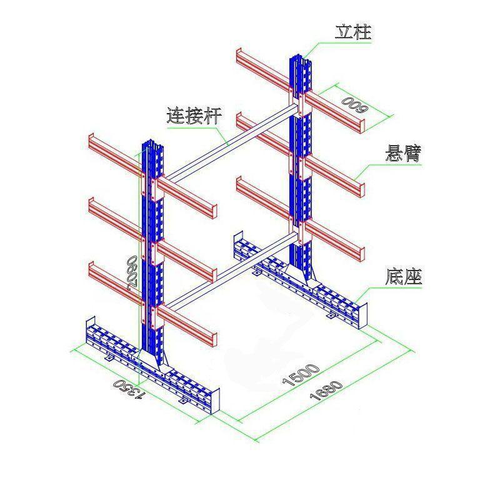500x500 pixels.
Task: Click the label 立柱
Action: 353,32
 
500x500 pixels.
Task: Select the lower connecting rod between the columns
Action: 231,267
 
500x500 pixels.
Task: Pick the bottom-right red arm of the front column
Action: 187,324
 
